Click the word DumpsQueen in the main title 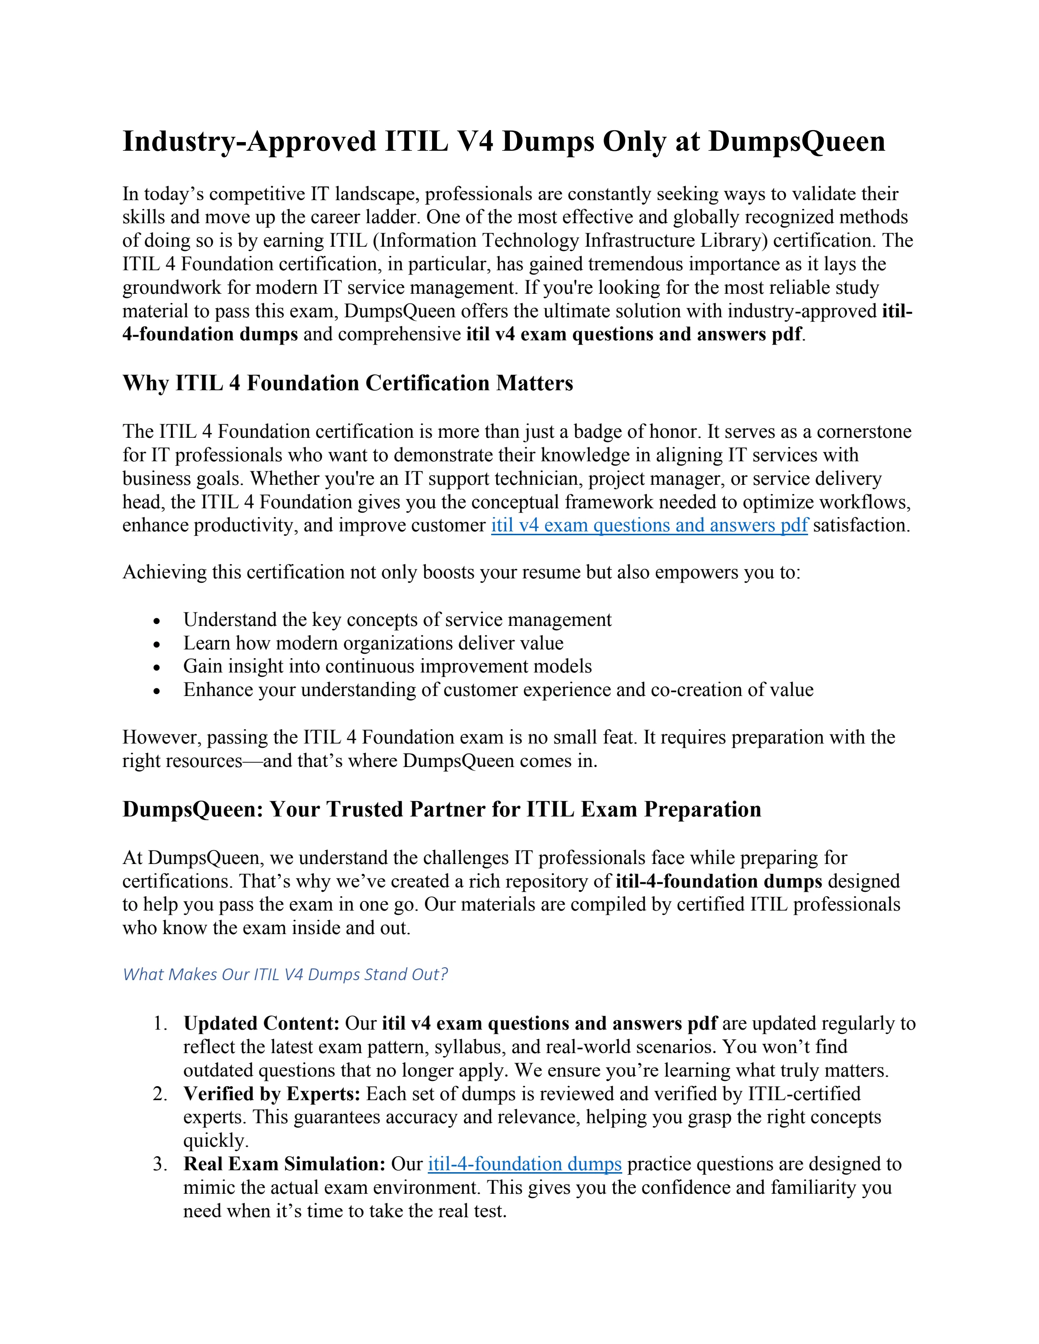pyautogui.click(x=797, y=142)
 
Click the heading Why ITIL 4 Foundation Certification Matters pyautogui.click(x=348, y=384)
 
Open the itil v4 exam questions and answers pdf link pyautogui.click(x=649, y=526)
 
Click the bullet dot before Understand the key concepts pyautogui.click(x=157, y=621)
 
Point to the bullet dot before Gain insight pyautogui.click(x=157, y=668)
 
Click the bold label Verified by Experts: pyautogui.click(x=271, y=1094)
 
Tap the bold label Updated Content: pyautogui.click(x=262, y=1023)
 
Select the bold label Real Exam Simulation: pyautogui.click(x=284, y=1164)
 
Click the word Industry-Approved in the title pyautogui.click(x=249, y=142)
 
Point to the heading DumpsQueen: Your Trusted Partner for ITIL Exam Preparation pyautogui.click(x=441, y=809)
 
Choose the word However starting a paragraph pyautogui.click(x=161, y=737)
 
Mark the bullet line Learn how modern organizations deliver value pyautogui.click(x=373, y=644)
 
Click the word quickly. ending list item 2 pyautogui.click(x=216, y=1141)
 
